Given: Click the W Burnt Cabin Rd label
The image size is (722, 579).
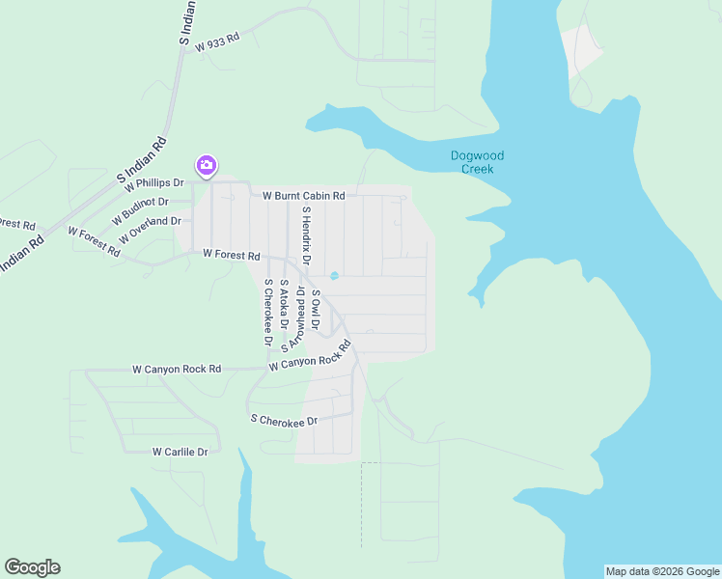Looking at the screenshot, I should (304, 196).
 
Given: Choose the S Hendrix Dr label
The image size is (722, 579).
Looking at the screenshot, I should (306, 235).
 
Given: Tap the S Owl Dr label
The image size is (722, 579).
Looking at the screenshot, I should (316, 309).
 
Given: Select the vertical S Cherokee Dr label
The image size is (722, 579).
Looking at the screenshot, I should (267, 313).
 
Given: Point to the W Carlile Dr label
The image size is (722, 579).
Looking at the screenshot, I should (180, 452).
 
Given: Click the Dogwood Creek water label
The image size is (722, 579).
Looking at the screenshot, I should (477, 162).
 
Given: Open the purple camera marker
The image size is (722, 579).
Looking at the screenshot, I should (206, 166).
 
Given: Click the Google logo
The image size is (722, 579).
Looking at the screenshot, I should (32, 567).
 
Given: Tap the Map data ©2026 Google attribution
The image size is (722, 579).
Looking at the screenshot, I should (662, 571).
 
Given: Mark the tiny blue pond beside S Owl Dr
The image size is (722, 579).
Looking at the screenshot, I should (334, 276).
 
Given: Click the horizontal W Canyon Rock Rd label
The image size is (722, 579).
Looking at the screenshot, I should (177, 369).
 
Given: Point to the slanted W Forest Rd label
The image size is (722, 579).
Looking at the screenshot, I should (94, 241).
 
